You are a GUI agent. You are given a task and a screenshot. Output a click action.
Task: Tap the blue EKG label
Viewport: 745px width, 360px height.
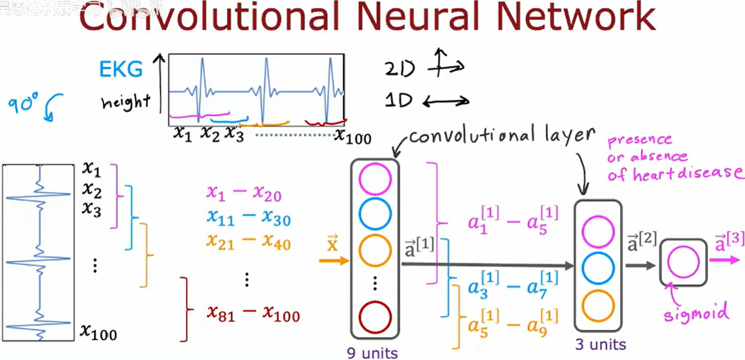coord(121,70)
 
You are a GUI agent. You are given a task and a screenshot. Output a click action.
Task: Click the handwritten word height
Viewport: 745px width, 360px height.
coord(126,102)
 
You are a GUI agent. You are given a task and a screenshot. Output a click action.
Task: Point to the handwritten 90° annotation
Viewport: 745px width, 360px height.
coord(23,104)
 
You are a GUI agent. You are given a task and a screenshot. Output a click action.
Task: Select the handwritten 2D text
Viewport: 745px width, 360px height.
coord(400,69)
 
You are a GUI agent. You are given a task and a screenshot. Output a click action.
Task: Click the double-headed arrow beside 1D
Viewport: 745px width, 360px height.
coord(446,101)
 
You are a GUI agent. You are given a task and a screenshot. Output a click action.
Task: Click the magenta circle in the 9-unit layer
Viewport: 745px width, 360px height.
coord(375,179)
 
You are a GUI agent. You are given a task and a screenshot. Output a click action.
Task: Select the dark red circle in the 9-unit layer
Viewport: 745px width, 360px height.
coord(375,317)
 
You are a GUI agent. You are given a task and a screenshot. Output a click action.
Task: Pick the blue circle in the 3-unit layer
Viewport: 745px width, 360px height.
coord(598,268)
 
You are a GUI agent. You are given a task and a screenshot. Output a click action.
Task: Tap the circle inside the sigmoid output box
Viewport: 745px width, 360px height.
coord(683,262)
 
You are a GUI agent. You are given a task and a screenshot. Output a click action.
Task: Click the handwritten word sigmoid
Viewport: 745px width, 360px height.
coord(696,313)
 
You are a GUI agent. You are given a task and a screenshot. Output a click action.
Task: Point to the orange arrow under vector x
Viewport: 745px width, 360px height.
coord(334,261)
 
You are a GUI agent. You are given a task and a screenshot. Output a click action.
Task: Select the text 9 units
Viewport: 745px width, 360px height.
coord(372,353)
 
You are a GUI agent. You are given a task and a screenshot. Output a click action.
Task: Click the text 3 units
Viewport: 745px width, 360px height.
coord(601,344)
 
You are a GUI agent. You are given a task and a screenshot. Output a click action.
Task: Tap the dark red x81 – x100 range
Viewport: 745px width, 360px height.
coord(253,314)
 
